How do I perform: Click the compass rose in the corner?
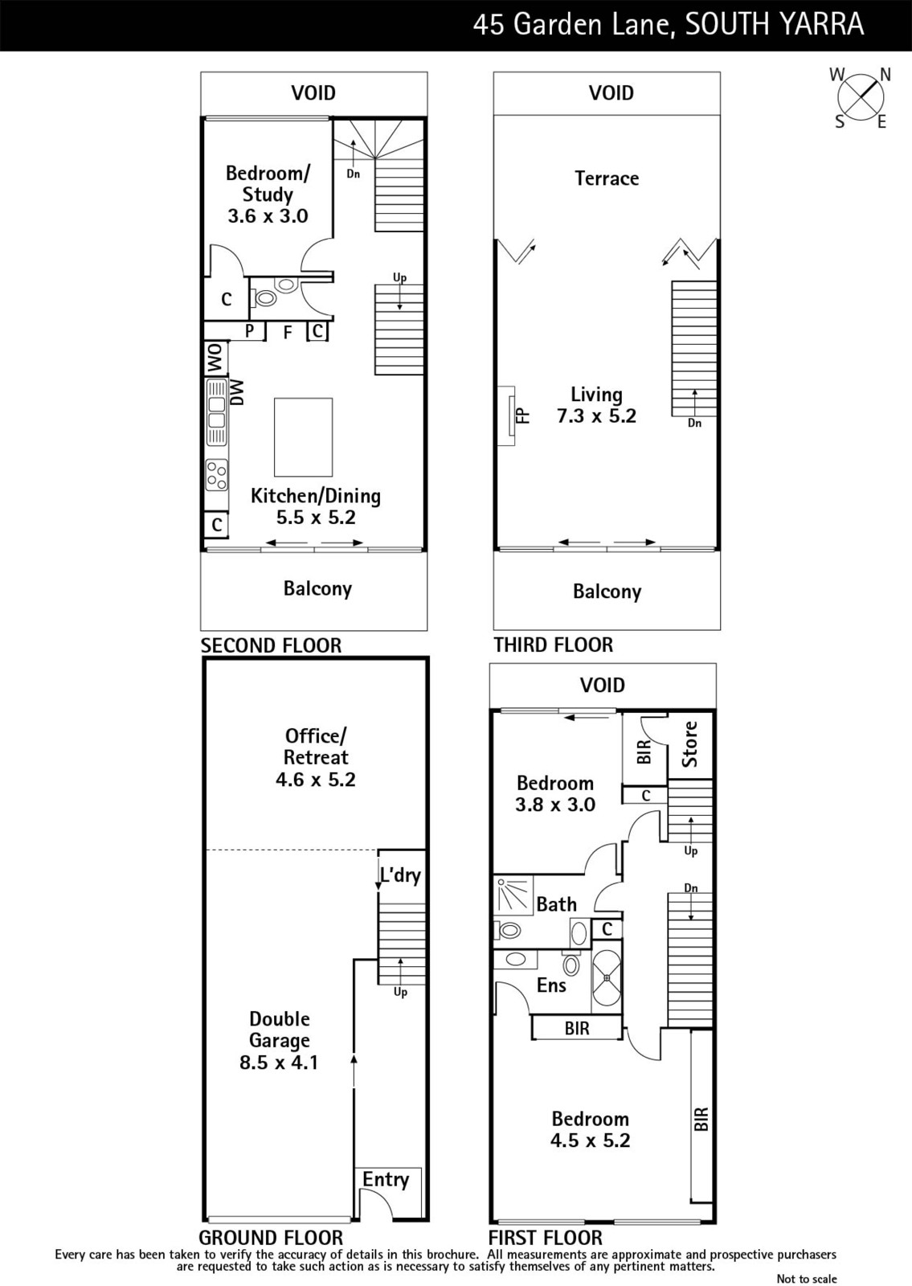(861, 97)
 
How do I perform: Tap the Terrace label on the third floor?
(607, 178)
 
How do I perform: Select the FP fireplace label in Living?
(523, 416)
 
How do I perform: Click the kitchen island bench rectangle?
(303, 437)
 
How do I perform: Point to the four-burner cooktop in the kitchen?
(217, 475)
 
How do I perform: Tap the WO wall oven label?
(216, 358)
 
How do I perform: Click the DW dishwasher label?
(236, 393)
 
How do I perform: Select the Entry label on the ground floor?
(386, 1179)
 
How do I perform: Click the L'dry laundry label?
(401, 874)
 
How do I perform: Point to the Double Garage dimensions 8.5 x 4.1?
(279, 1062)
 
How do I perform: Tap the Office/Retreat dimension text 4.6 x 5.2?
(316, 780)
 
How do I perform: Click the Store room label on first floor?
(689, 744)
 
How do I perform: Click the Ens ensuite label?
(551, 985)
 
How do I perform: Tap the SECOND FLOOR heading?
(271, 645)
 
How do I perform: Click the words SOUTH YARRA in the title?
(775, 25)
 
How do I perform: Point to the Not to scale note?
(807, 1279)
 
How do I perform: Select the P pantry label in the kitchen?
(250, 330)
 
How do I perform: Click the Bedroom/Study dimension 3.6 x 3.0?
(268, 216)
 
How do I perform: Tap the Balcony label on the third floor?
(607, 592)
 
